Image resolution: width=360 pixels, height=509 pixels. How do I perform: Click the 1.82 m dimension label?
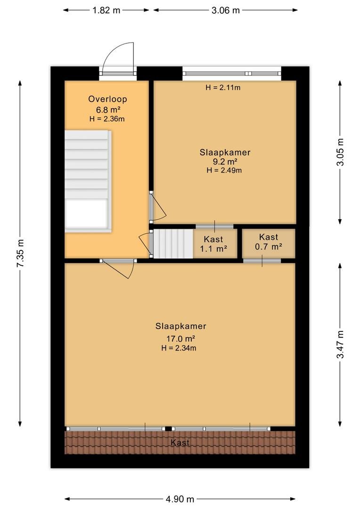tap(106, 10)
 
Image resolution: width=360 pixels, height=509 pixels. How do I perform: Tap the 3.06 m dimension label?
tap(226, 10)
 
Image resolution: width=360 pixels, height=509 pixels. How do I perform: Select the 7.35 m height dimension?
tap(20, 253)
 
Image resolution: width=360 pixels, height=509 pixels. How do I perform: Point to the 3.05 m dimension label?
tap(340, 152)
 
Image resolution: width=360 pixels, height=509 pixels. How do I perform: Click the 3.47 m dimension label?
tap(340, 345)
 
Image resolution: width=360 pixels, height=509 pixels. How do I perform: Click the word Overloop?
tap(107, 99)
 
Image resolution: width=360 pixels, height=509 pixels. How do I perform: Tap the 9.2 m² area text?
tap(224, 161)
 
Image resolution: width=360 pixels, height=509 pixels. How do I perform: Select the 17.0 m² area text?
tap(180, 338)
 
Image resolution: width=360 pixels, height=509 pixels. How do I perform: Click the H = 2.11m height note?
tap(223, 87)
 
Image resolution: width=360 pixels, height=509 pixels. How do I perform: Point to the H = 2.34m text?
tap(179, 348)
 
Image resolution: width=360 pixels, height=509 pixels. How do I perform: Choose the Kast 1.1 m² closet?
tap(213, 244)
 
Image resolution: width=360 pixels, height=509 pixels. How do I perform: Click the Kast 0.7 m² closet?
tap(269, 244)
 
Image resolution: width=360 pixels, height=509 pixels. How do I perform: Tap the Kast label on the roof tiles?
tap(180, 443)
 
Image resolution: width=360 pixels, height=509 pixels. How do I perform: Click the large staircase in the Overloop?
tap(88, 181)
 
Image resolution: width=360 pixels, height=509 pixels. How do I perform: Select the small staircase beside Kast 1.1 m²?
tap(173, 244)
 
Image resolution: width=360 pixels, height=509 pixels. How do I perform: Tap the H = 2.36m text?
tap(107, 119)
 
